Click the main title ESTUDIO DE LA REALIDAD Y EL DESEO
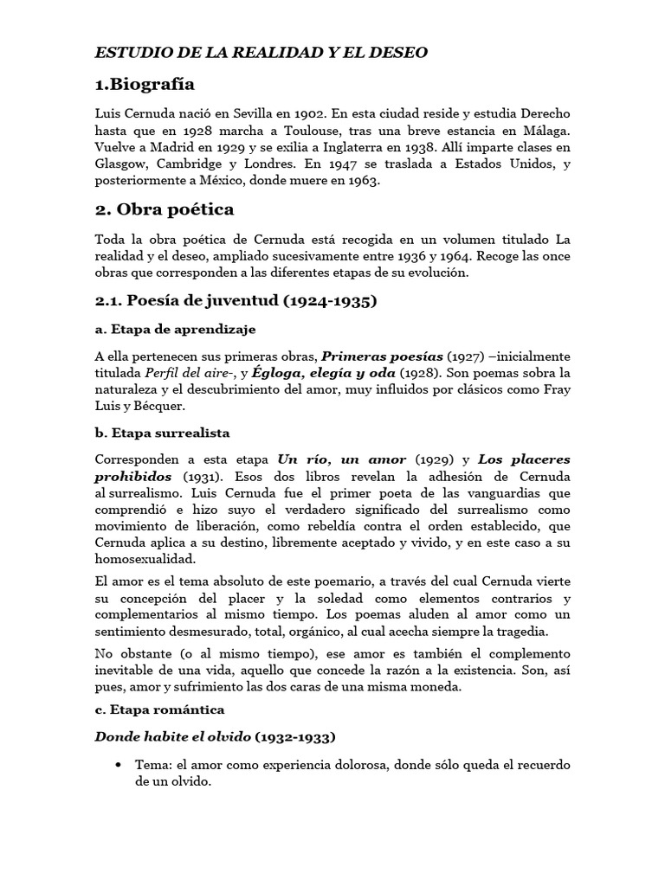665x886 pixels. coord(261,53)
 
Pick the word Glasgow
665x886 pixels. coord(119,164)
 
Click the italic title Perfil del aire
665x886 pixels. coord(183,372)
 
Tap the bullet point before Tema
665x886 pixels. coord(118,765)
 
